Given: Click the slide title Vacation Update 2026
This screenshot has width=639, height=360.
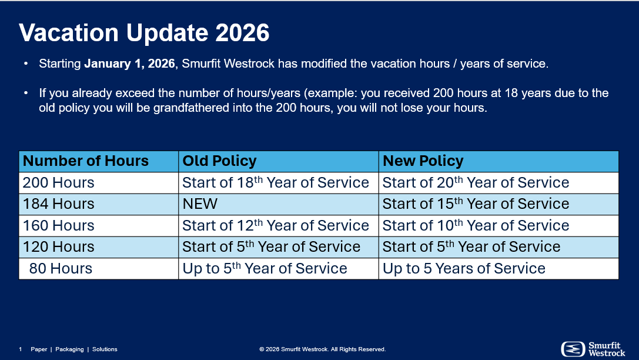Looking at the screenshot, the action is coord(144,32).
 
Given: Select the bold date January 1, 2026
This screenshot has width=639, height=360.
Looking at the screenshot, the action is coord(129,64).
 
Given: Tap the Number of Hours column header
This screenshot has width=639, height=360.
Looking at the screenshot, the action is coord(86,161).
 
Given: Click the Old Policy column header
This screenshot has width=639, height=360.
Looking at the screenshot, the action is coord(219,161).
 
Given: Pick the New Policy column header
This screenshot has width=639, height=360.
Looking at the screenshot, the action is coord(423,161).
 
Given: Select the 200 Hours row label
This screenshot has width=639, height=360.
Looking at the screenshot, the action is coord(58,183).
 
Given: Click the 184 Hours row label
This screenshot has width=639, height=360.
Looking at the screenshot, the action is coord(58,204).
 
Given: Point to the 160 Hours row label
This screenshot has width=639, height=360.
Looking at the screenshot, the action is coord(58,225).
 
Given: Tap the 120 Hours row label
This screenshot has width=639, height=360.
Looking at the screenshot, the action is coord(58,246).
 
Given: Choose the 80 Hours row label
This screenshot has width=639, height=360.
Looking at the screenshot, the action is coord(61,268).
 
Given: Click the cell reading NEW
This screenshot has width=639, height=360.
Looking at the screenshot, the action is coord(200,204).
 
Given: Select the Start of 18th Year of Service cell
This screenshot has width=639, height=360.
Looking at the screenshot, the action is coord(276,183).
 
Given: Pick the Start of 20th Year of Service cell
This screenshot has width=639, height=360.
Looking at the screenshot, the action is coord(476,183).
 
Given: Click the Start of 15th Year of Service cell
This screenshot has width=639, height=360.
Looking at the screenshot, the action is coord(476,204).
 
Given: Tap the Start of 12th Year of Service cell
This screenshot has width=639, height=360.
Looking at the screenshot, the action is coord(276,225).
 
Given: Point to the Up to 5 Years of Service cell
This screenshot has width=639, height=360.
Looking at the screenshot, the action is coord(464,268).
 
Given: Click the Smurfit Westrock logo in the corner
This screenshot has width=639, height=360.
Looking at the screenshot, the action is coord(593,349).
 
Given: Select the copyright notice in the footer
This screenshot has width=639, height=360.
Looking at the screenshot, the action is coord(322,349).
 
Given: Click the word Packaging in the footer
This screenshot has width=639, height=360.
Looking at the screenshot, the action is coord(69,349).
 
